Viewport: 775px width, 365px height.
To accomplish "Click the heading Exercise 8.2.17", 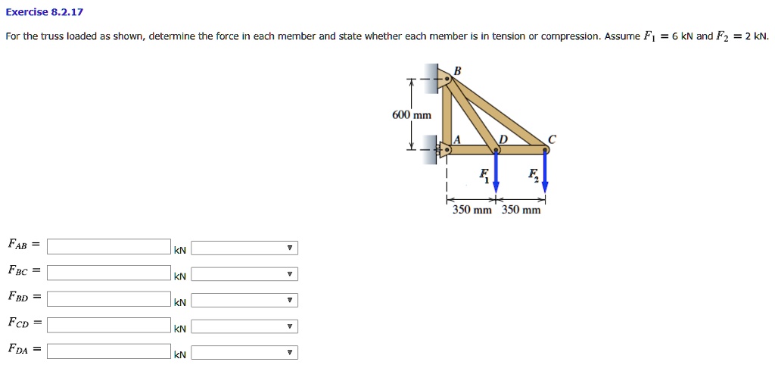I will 44,12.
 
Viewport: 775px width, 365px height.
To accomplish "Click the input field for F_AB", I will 109,247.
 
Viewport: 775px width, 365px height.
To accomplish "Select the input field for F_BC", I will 109,273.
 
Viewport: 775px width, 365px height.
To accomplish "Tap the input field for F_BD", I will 109,298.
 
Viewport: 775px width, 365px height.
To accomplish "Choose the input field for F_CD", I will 109,325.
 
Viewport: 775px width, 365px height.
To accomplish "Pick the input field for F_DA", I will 109,351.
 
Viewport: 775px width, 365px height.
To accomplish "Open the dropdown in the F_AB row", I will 244,248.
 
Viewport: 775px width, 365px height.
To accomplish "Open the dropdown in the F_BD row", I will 244,301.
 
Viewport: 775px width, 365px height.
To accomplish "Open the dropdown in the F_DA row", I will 244,353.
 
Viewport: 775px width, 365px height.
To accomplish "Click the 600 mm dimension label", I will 411,115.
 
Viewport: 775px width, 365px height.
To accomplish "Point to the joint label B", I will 456,71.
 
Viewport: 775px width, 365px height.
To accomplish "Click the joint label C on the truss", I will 552,139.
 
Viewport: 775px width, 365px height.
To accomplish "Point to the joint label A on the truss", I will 456,139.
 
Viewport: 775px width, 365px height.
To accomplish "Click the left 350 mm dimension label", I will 472,210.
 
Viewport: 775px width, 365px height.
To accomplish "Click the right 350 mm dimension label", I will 521,210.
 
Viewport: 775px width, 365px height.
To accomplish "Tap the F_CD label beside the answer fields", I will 18,323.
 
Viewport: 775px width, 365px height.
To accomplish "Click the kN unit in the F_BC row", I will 179,277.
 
